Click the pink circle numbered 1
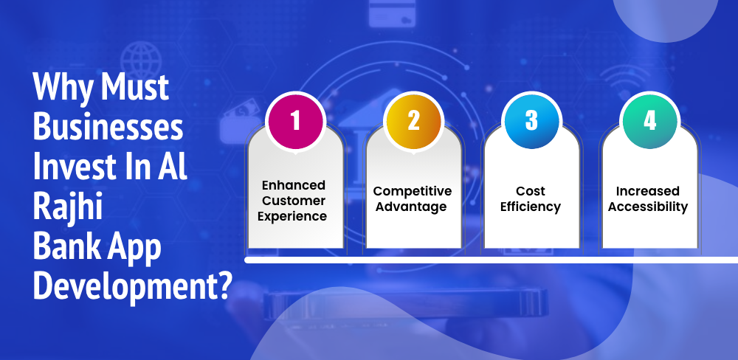point(295,121)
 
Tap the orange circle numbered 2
point(413,121)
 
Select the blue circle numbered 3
point(531,121)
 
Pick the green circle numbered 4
point(649,121)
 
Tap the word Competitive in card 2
point(413,191)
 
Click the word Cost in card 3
point(531,191)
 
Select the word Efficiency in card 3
point(531,207)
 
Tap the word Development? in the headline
point(131,285)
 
